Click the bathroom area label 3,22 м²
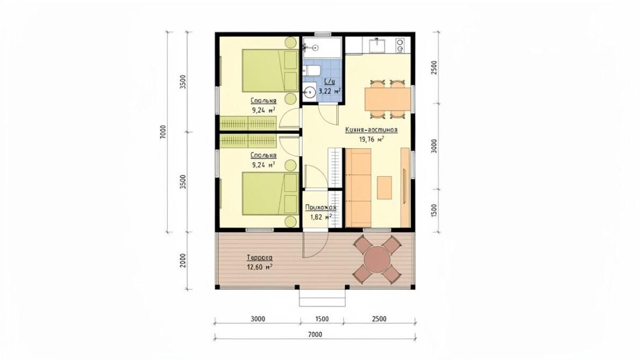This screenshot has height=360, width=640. point(329,91)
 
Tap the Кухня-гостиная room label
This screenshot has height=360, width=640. point(371,130)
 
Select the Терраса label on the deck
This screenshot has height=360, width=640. point(259,258)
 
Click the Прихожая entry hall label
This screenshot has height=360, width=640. point(321,208)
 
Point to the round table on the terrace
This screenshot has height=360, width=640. point(378,259)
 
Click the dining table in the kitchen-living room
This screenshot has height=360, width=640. point(387,99)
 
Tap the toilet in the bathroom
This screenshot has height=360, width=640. point(312,71)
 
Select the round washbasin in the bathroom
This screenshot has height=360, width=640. point(310,91)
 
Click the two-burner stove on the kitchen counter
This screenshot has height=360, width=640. point(400,45)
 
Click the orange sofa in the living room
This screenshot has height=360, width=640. point(358,188)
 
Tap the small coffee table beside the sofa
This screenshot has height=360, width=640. point(384,188)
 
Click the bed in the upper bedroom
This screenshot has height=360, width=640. point(270,70)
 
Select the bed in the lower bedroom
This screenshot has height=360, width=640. point(270,194)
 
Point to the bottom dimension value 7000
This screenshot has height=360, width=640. point(315,334)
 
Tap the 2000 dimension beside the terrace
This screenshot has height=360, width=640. point(183,261)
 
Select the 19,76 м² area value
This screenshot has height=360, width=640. point(371,139)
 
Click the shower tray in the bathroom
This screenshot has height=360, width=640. point(322,48)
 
